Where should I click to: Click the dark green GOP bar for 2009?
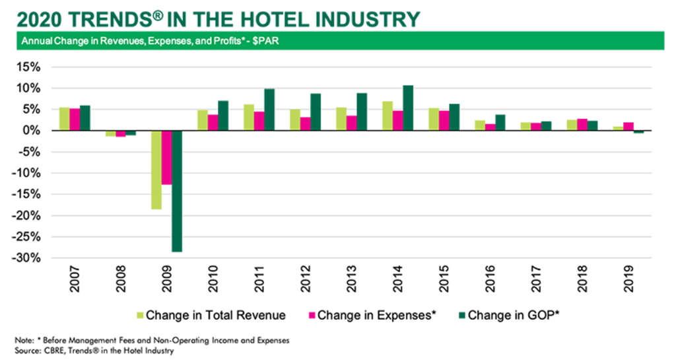coord(177,191)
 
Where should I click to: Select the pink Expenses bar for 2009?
coord(167,158)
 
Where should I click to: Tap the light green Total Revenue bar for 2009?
coord(156,170)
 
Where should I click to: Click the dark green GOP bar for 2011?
coord(269,110)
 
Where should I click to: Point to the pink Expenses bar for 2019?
coord(628,127)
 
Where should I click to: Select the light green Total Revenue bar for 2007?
coord(64,119)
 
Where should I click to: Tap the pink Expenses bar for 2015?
coord(444,121)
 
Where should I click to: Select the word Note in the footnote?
coord(24,340)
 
